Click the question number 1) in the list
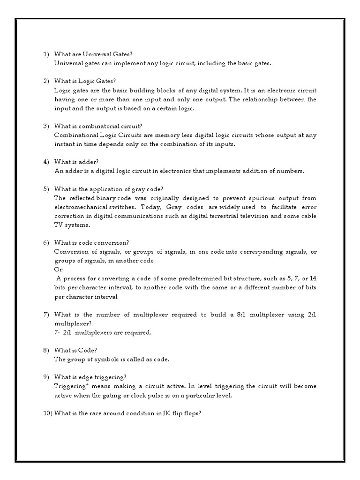coord(46,54)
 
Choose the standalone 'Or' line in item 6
coord(58,269)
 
